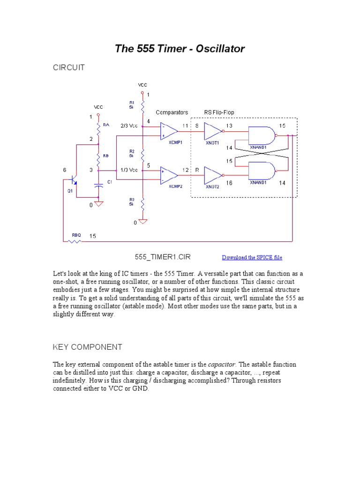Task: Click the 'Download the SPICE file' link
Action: coord(252,257)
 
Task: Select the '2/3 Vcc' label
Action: coord(129,126)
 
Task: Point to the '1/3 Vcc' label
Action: coord(129,170)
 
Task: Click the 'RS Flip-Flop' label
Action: coord(219,112)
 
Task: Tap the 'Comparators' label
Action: coord(172,112)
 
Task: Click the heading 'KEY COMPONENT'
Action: coord(87,347)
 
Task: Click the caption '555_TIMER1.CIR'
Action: coord(163,257)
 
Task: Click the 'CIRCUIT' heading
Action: coord(68,67)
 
